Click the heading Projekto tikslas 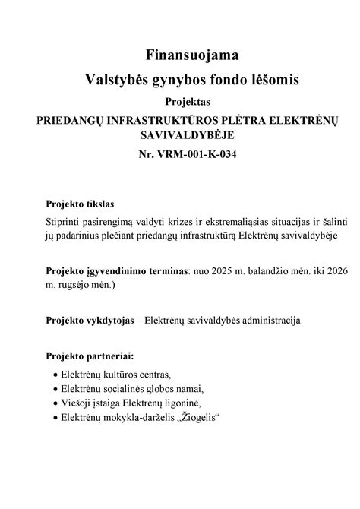[x=79, y=204]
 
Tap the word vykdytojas [x=109, y=320]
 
